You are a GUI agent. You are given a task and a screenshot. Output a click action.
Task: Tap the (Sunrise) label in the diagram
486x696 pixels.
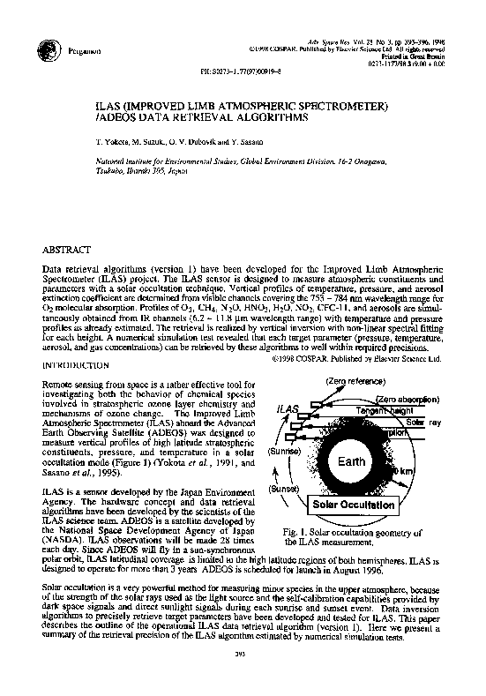tap(286, 451)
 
